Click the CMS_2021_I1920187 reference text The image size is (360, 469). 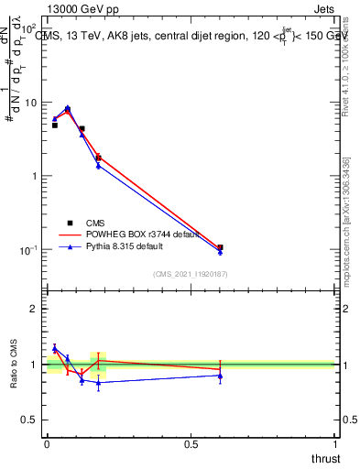pos(191,272)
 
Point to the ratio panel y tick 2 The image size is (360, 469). pos(35,309)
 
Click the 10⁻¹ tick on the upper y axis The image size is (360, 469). pos(31,250)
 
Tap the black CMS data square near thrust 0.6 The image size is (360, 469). pos(220,247)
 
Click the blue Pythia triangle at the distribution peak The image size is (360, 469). pos(67,107)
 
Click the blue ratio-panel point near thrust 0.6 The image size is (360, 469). pos(220,376)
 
